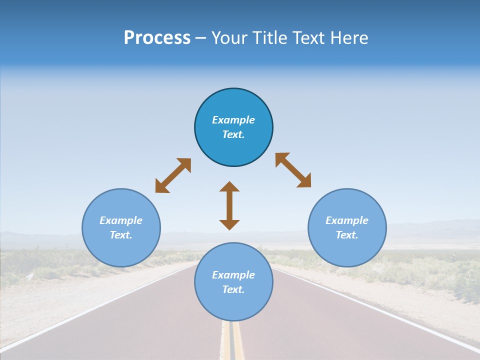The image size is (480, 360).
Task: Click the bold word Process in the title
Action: tap(157, 38)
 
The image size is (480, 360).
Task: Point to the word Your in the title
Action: tap(229, 38)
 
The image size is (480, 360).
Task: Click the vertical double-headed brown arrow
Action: tap(229, 205)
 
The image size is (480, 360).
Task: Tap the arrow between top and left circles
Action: tap(173, 175)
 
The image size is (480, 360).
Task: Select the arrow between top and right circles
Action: tap(293, 170)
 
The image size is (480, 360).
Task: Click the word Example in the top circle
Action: tap(233, 120)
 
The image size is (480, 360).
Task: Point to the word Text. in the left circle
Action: tap(121, 235)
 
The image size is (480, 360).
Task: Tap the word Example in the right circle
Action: tap(347, 220)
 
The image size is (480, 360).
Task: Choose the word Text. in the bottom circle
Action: tap(233, 289)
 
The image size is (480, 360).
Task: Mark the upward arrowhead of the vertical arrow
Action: tap(229, 186)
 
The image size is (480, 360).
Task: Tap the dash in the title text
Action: tap(201, 38)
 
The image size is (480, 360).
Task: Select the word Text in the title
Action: tap(308, 38)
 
